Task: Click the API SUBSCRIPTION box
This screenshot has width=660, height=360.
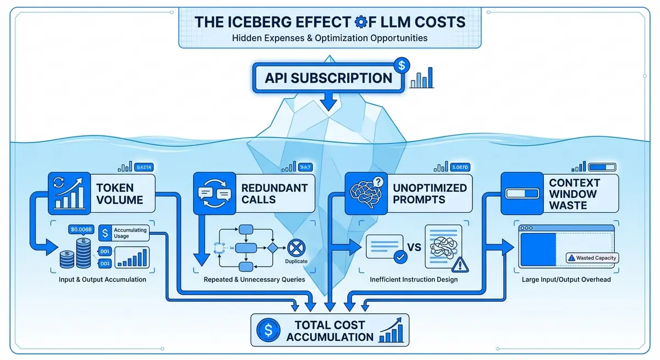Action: (328, 77)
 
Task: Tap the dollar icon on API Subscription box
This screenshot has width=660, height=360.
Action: (402, 65)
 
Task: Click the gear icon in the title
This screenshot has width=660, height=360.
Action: (361, 22)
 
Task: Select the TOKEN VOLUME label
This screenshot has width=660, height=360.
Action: (119, 193)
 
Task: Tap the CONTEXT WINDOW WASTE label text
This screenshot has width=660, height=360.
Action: (574, 194)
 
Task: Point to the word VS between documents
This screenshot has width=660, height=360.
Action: (414, 247)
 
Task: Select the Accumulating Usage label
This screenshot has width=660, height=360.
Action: (130, 233)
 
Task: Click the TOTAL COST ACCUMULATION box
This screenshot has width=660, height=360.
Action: (329, 330)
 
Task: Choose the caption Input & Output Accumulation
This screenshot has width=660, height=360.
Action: (103, 279)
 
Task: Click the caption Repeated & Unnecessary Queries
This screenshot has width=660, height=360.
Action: (254, 279)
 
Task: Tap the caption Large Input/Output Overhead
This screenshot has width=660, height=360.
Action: (566, 279)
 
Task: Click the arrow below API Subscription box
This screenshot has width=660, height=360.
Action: (328, 101)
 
